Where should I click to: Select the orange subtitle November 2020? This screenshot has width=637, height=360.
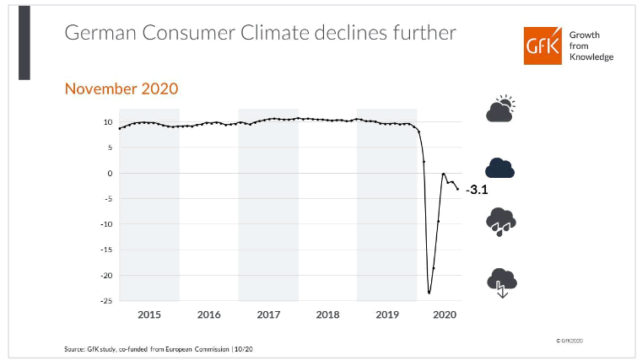click(121, 89)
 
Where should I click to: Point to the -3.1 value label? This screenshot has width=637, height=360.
click(477, 191)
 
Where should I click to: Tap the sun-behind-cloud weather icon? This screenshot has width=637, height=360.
click(500, 109)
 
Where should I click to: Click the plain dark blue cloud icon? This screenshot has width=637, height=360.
click(500, 168)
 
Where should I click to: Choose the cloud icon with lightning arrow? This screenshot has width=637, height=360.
click(500, 281)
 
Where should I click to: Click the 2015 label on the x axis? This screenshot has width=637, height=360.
click(149, 314)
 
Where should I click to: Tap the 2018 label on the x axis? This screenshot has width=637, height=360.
click(327, 314)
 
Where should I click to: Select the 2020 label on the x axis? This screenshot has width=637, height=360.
click(444, 314)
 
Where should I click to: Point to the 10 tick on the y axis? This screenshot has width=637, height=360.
click(108, 122)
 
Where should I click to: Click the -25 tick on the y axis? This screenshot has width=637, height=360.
click(105, 301)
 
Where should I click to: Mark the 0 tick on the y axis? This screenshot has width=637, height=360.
click(110, 173)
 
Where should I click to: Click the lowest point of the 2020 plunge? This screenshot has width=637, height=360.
click(429, 293)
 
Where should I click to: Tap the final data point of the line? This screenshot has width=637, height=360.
click(458, 189)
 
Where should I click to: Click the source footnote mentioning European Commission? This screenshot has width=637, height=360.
click(148, 348)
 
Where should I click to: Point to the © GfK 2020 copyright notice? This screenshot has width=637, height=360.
click(570, 339)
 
